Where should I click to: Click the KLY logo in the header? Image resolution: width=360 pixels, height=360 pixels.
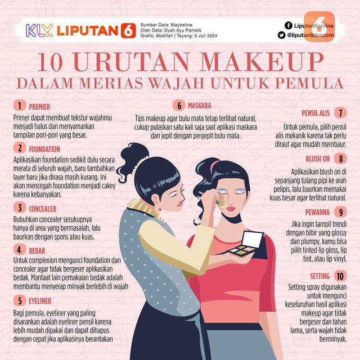tap(40, 30)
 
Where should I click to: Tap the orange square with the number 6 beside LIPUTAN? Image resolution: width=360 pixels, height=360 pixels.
tap(128, 30)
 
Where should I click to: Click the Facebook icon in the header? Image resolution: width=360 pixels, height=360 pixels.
tap(288, 25)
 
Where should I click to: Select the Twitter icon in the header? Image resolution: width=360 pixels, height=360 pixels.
tap(288, 35)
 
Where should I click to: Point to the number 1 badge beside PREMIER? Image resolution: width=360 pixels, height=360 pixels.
tap(19, 105)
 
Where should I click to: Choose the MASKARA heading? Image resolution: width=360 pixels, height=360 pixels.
tap(199, 105)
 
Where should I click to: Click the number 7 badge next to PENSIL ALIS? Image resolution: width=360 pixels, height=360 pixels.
tap(340, 112)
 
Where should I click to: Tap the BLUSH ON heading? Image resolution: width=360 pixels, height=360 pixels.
tap(318, 159)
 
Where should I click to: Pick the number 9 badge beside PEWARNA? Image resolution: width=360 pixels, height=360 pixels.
tap(340, 212)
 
